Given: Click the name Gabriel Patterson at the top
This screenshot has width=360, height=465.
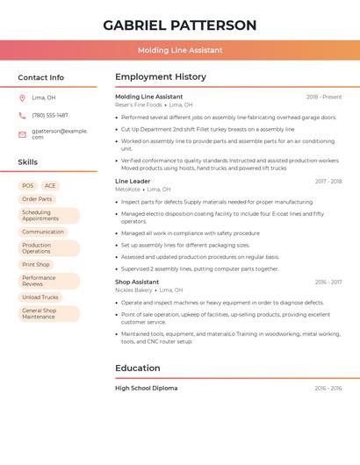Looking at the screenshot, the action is point(179,25).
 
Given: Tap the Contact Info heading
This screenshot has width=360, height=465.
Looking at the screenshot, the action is point(40,77).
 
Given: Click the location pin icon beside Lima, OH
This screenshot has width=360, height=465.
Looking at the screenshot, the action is point(22,97).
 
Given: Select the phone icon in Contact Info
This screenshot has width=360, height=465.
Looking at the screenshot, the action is point(22,115).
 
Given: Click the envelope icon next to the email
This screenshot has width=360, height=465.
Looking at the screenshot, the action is point(22,134).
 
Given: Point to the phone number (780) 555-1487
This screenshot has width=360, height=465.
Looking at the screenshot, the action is point(50,115).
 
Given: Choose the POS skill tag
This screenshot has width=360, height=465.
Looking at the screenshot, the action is point(28,186).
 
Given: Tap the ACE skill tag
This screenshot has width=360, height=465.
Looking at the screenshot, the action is point(50,186).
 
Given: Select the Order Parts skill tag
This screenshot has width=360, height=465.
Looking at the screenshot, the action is point(37,199).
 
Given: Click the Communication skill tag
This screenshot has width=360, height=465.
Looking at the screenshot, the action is point(43,232).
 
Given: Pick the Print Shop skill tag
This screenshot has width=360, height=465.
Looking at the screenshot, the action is point(36,264).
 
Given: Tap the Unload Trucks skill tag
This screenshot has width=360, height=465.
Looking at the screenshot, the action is point(40,297).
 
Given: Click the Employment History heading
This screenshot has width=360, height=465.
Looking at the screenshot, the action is point(161,76).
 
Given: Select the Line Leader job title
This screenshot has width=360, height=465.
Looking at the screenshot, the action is point(133,181).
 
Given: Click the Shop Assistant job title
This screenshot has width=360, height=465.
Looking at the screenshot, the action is point(137,282).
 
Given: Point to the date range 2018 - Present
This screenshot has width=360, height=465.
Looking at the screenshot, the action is point(324,97).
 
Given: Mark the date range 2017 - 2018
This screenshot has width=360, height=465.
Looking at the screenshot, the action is point(328,182).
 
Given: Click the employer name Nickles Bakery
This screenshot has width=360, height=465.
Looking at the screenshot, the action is point(133,290).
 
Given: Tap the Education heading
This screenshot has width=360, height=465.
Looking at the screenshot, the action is point(137,368).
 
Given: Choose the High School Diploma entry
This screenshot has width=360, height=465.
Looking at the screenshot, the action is point(146,388).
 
